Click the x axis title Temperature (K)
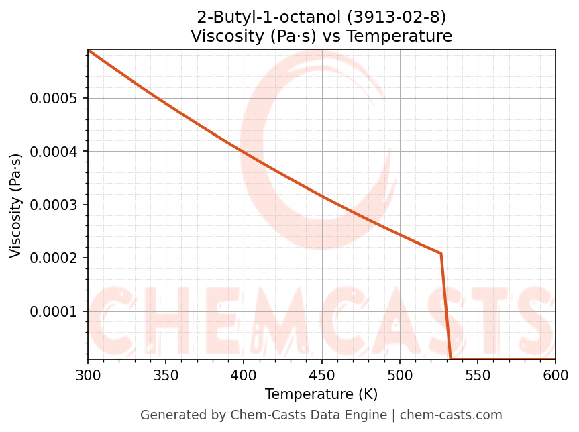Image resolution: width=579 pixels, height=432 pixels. click(321, 394)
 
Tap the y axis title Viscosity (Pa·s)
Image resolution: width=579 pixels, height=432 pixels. click(16, 205)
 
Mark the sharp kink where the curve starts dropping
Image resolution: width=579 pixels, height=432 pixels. click(441, 254)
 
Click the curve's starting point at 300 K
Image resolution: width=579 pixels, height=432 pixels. click(89, 50)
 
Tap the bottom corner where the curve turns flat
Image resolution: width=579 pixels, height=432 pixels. click(451, 359)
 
